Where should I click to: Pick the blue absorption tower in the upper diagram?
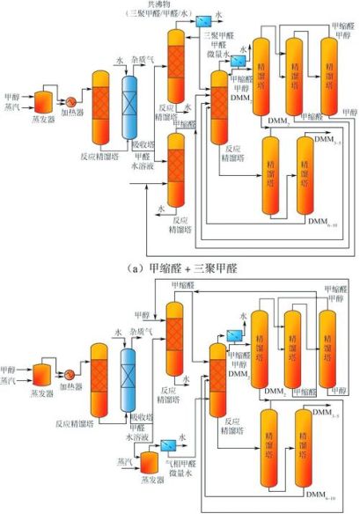pos(131,106)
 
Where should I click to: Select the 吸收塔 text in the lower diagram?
pos(140,417)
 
